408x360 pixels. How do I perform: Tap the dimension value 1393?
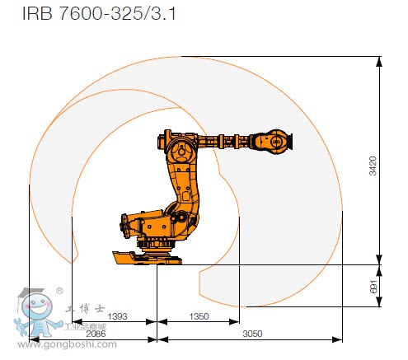117,316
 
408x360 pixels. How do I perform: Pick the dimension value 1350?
199,316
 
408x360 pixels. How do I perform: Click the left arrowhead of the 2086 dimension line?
31,339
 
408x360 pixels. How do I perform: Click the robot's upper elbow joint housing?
181,150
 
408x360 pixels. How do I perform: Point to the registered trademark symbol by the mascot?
59,291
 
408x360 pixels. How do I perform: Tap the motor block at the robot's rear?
132,224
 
